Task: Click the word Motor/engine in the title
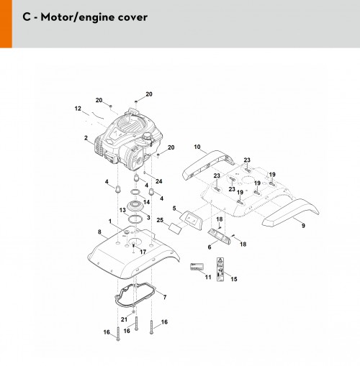coord(77,17)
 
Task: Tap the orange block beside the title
coord(6,24)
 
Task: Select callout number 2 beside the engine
coord(86,138)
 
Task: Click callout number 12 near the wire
coord(78,109)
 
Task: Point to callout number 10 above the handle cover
coord(197,147)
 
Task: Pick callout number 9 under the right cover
coord(303,226)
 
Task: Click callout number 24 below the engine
coord(159,181)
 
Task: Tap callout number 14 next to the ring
coord(146,202)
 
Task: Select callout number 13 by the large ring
coord(122,210)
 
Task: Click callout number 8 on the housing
coord(99,232)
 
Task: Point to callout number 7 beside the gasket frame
coord(165,297)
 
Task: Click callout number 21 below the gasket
coord(124,319)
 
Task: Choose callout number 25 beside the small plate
coord(160,220)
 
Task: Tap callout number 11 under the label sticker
coord(208,277)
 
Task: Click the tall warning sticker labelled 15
coord(220,269)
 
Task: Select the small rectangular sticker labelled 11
coord(197,267)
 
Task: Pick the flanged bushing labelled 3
coord(136,206)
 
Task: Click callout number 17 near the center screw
coord(143,252)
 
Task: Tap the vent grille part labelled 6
coord(219,236)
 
